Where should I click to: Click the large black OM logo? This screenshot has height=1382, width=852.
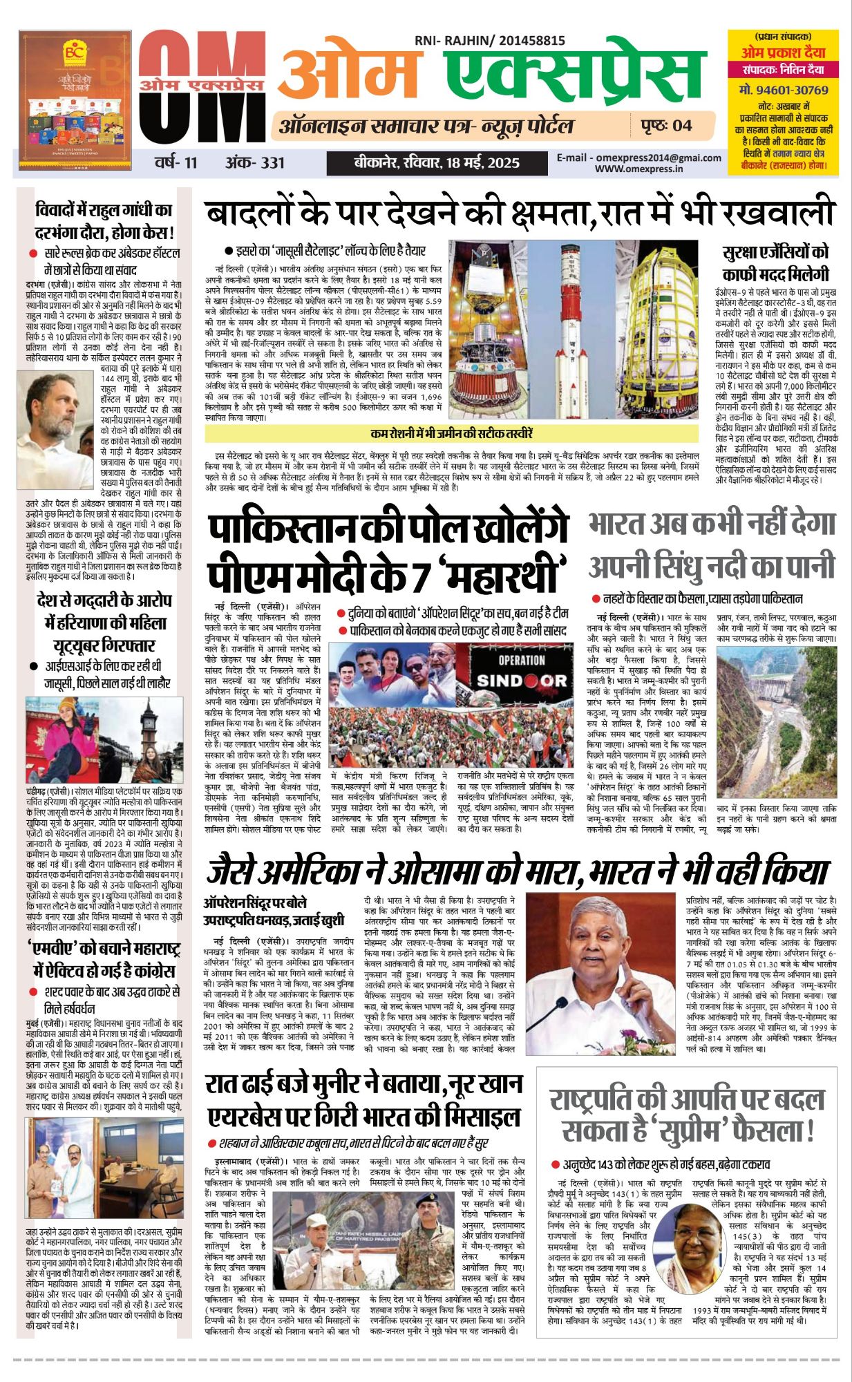[200, 90]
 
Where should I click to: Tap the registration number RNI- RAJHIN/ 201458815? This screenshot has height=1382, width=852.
[489, 41]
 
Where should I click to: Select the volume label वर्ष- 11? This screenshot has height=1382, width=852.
[176, 163]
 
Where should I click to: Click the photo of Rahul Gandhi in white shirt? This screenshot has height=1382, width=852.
[58, 429]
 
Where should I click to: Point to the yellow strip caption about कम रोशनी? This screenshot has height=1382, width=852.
[451, 434]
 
